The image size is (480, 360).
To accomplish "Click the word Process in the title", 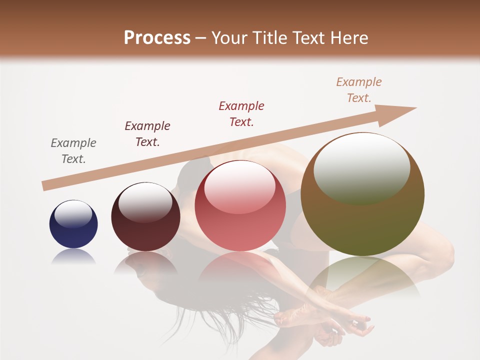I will [157, 38].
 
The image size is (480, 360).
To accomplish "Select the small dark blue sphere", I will [73, 224].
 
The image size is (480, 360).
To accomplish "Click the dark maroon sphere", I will [145, 216].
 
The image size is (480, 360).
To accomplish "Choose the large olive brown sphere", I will [362, 194].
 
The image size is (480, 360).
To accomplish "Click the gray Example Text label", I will [73, 151].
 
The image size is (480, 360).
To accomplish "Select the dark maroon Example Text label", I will [147, 134].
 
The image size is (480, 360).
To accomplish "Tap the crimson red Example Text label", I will [241, 114].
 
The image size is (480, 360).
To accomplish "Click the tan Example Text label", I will [359, 90].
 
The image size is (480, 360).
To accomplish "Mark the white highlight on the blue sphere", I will [73, 214].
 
